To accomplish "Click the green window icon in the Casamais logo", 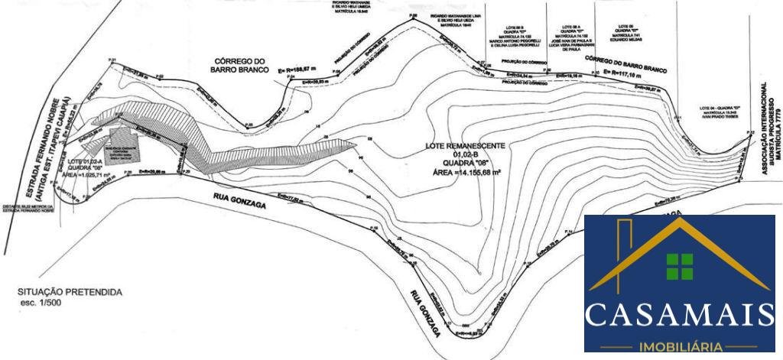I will (x=678, y=265).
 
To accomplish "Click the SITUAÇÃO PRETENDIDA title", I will (x=70, y=292).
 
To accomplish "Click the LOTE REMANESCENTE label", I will (x=467, y=145).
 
